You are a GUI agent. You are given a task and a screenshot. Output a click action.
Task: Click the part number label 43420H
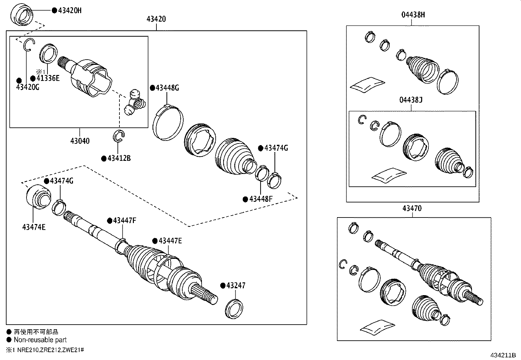[x=69, y=10]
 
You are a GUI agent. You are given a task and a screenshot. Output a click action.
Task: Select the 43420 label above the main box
[x=156, y=19]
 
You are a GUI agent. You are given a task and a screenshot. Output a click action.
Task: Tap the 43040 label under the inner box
[x=80, y=141]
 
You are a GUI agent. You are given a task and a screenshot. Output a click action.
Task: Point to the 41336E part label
[x=48, y=79]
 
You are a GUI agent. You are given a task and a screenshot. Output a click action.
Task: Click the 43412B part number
[x=119, y=159]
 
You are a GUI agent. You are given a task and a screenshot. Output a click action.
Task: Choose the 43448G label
[x=167, y=88]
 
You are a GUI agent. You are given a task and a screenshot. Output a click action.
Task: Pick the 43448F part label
[x=260, y=199]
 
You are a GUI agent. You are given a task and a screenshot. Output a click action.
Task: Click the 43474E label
[x=34, y=227]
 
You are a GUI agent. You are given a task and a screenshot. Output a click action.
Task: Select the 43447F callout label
[x=124, y=220]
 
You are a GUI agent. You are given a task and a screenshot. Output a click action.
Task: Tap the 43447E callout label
[x=170, y=241]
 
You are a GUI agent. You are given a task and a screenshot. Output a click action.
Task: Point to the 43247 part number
[x=236, y=286]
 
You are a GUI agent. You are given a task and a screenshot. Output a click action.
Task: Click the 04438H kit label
[x=413, y=15]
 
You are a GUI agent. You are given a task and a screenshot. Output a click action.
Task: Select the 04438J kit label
[x=411, y=100]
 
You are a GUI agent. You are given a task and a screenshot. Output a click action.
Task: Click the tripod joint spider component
[x=135, y=103]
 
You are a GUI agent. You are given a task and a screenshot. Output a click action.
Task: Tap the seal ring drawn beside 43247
[x=234, y=308]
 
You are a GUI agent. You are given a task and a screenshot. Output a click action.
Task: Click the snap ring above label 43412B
[x=119, y=136]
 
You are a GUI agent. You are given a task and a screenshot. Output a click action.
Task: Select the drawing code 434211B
[x=503, y=355]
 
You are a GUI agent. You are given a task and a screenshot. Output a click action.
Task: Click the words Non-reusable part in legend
[x=40, y=340]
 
